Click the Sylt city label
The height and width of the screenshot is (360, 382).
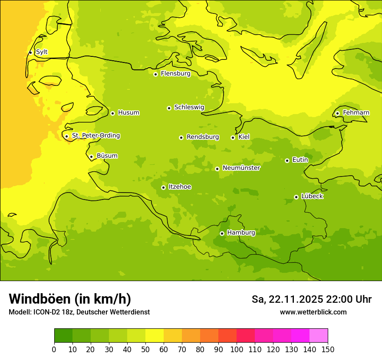click(x=42, y=52)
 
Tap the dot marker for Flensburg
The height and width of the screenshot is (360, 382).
click(x=155, y=74)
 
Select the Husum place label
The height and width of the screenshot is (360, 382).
click(x=128, y=113)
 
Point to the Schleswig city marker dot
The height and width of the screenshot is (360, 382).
click(x=169, y=108)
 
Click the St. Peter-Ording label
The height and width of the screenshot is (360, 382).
click(x=96, y=136)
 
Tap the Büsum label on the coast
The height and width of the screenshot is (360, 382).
click(x=107, y=156)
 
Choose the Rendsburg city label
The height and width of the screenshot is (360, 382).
click(x=203, y=137)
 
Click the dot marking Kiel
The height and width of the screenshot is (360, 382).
click(x=233, y=137)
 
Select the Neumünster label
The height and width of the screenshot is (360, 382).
click(x=241, y=168)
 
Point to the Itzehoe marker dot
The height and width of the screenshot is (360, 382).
click(x=163, y=187)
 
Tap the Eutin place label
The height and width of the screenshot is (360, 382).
click(x=300, y=160)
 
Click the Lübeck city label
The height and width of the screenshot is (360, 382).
click(x=312, y=196)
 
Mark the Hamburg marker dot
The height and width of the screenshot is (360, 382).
click(x=222, y=233)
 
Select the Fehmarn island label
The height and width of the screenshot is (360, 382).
click(x=356, y=113)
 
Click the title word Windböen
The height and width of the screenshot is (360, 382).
click(x=40, y=299)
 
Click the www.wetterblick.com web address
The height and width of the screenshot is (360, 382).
click(x=313, y=312)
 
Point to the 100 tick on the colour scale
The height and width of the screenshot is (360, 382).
click(x=237, y=349)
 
